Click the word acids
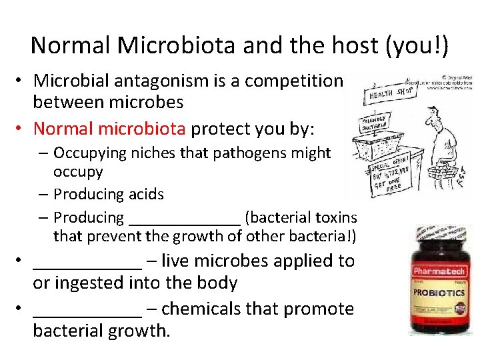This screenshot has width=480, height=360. tap(145, 194)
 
